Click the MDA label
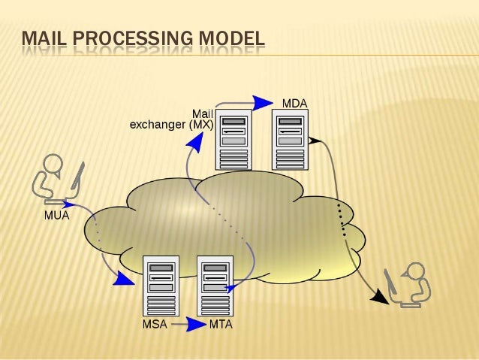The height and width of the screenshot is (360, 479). [x=294, y=102]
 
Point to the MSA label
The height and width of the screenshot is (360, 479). [x=154, y=325]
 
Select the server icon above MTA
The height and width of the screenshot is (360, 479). [x=215, y=286]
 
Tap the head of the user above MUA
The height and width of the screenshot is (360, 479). [x=53, y=164]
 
